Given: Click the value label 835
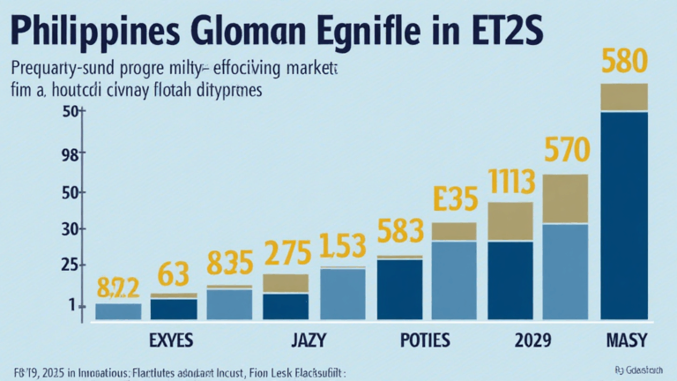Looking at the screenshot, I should (x=230, y=263).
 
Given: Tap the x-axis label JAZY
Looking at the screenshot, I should (x=309, y=340).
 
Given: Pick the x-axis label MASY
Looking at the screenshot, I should (x=627, y=340).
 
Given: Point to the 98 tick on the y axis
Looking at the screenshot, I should (x=69, y=155).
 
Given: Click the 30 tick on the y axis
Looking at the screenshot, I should (x=70, y=229).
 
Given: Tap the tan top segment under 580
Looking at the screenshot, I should (x=624, y=97).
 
